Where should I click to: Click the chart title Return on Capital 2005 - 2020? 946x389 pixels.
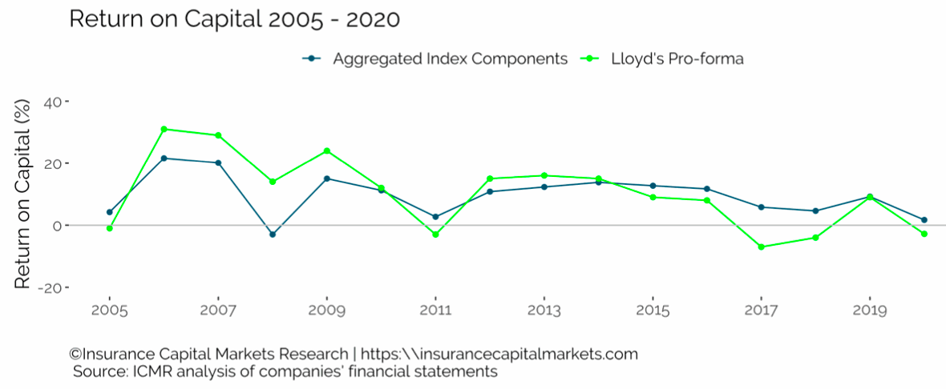pos(234,19)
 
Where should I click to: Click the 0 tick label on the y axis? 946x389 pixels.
pos(58,226)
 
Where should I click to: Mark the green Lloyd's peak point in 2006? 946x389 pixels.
pos(164,129)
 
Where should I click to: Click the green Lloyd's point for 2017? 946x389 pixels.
pos(761,247)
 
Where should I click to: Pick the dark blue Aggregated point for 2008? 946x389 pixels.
pos(273,235)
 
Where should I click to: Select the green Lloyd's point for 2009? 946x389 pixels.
pos(327,150)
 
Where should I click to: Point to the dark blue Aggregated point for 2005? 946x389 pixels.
pos(109,212)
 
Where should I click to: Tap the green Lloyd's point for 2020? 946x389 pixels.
pos(924,234)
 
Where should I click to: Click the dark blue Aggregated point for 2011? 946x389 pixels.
pos(435,217)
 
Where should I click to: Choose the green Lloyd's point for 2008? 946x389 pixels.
pos(273,182)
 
